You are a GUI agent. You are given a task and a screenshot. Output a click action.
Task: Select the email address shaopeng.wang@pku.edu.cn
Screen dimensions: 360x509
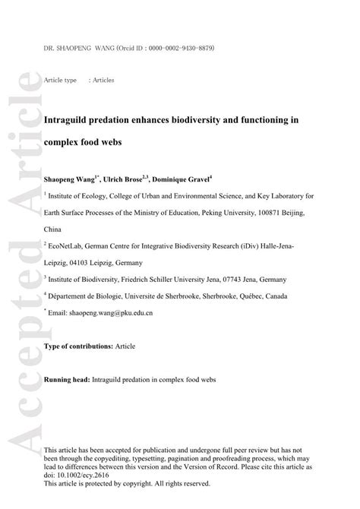point(106,311)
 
